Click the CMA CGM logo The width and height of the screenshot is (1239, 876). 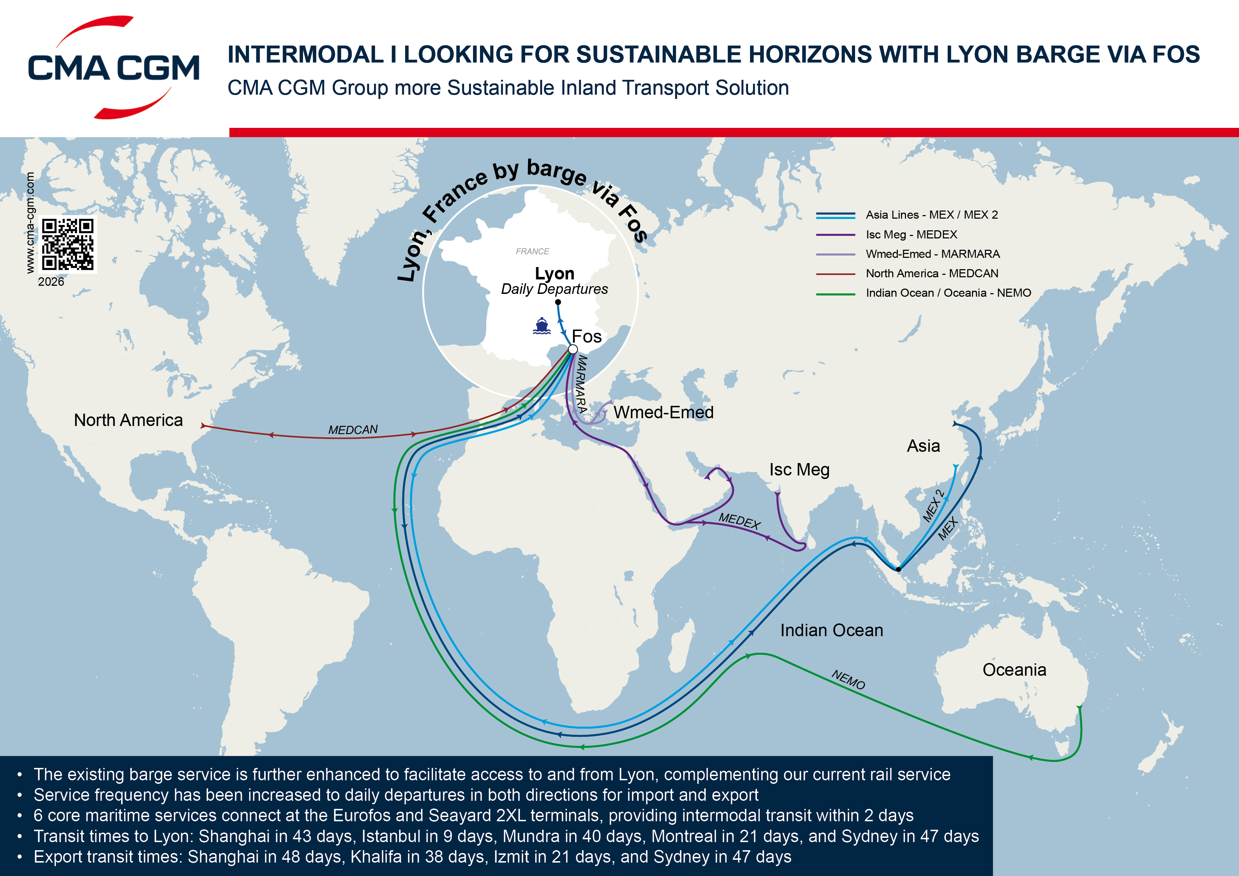coord(114,67)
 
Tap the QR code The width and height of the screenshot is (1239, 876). coord(68,244)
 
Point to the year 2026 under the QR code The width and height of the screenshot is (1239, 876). coord(51,282)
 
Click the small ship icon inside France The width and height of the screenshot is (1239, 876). coord(541,326)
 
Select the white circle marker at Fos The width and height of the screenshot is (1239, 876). coord(573,349)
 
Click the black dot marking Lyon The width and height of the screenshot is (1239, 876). coord(558,302)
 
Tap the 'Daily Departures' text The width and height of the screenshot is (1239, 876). coord(554,289)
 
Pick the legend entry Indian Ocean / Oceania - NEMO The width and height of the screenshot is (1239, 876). coord(948,293)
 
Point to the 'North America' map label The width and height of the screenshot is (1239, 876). coord(129,420)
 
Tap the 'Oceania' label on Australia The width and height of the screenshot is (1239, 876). coord(1014,670)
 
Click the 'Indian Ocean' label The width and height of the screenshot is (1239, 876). coord(831,631)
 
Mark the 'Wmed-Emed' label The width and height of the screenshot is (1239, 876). coord(663,412)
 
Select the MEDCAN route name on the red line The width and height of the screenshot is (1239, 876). coord(353,430)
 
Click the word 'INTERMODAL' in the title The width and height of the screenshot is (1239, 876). coord(306,54)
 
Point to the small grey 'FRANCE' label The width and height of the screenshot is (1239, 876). coord(532,251)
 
